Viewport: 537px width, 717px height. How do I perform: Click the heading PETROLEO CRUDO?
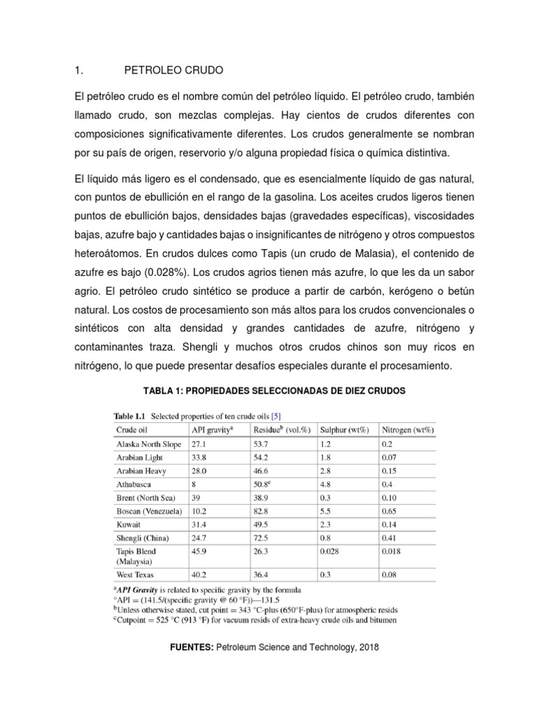pyautogui.click(x=173, y=71)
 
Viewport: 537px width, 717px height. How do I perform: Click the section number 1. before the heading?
pyautogui.click(x=79, y=71)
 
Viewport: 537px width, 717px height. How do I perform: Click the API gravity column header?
pyautogui.click(x=213, y=430)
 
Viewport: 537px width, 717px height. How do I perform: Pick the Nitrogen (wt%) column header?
pyautogui.click(x=408, y=430)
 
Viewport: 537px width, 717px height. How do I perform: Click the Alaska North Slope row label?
pyautogui.click(x=148, y=444)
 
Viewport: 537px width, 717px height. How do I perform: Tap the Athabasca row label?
pyautogui.click(x=136, y=483)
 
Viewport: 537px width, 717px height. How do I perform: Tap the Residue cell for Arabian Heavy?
pyautogui.click(x=262, y=470)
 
